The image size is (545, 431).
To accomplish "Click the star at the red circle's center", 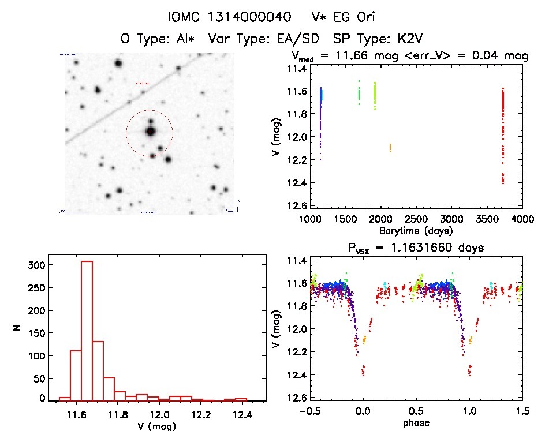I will pyautogui.click(x=150, y=132).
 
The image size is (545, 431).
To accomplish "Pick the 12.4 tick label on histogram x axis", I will pyautogui.click(x=242, y=414).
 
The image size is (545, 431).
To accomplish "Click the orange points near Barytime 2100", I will pyautogui.click(x=390, y=148).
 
